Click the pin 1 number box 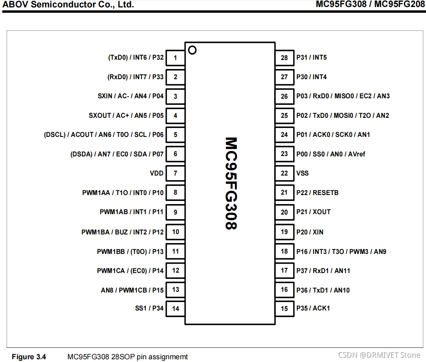[176, 58]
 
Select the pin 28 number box [284, 58]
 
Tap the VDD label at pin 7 [157, 173]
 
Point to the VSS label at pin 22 [303, 173]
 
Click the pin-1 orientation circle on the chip [192, 50]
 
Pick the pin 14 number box [176, 309]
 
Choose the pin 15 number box [284, 309]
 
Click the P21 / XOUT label [313, 212]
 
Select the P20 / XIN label [310, 232]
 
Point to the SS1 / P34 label [149, 309]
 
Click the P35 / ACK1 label [313, 308]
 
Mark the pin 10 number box [176, 232]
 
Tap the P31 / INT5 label [312, 58]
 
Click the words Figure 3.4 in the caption [29, 357]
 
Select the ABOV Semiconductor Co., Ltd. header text [69, 5]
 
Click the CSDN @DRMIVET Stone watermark [379, 355]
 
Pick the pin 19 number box [284, 232]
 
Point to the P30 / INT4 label [312, 77]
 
